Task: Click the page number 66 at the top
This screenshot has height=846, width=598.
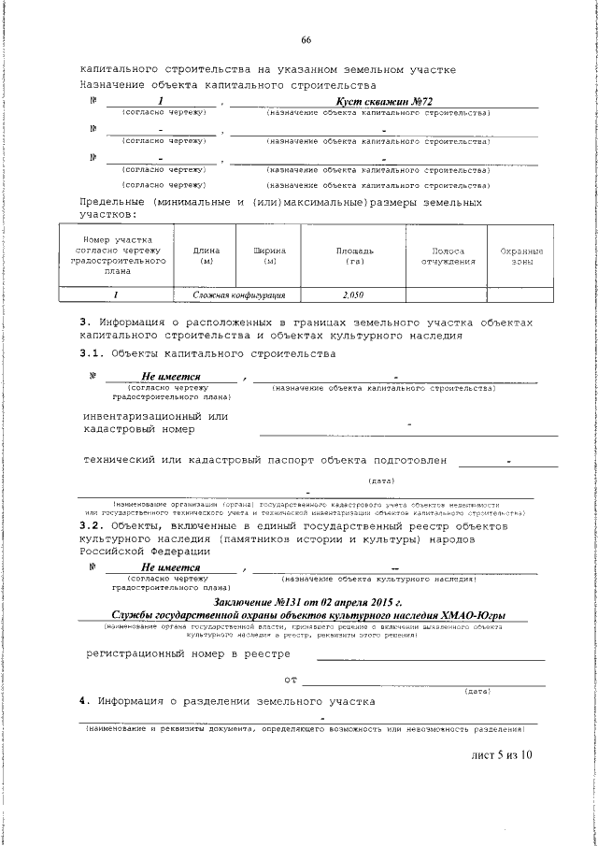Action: click(306, 39)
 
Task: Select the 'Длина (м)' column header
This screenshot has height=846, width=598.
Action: click(206, 256)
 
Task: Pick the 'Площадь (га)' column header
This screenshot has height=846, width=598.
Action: click(355, 256)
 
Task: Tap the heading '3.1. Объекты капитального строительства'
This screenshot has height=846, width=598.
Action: click(206, 353)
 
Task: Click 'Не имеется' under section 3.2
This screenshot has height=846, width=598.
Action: click(171, 567)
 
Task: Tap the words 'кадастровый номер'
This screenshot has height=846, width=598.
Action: click(139, 429)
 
